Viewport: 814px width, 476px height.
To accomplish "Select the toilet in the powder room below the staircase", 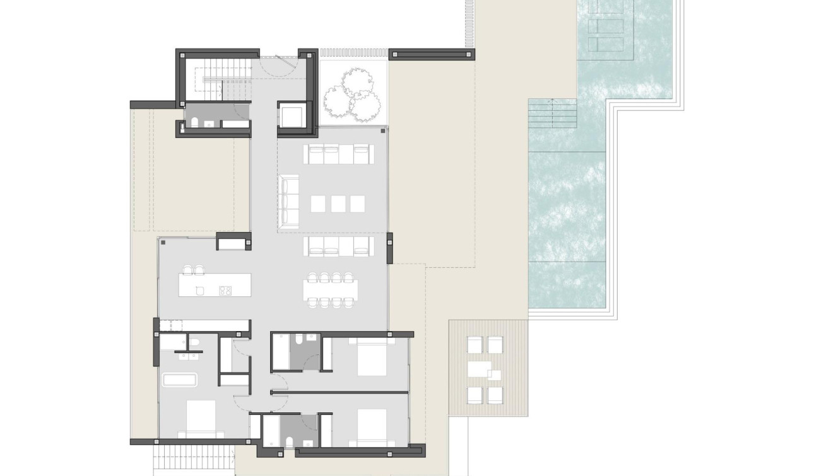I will point(196,122).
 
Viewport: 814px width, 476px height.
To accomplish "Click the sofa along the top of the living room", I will point(338,154).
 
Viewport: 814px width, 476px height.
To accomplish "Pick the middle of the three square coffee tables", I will point(338,204).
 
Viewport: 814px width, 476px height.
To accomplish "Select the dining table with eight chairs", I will point(330,289).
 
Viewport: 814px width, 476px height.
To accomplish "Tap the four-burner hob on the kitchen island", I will point(225,290).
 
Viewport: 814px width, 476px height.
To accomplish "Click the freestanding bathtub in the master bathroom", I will point(180,380).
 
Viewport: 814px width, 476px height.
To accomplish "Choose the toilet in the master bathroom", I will point(194,342).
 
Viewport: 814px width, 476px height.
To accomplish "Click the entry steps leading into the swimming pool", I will point(552,113).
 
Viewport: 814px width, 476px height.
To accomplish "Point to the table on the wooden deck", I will point(485,369).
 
